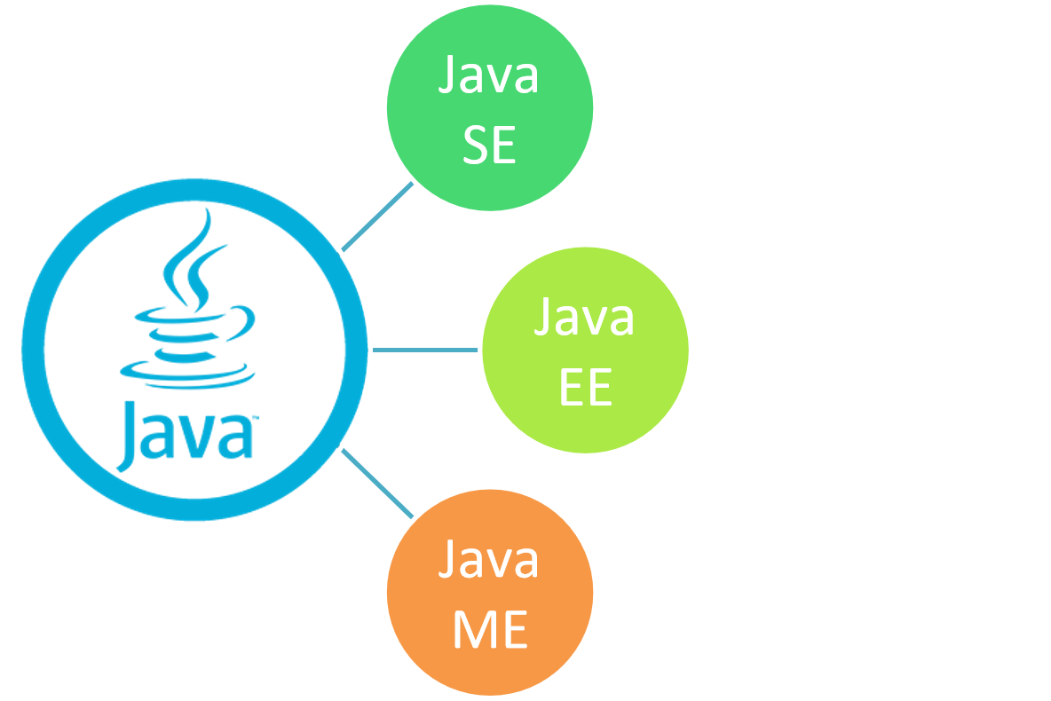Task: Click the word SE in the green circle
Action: pos(489,145)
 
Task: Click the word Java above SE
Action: pos(489,76)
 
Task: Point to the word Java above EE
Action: pos(584,318)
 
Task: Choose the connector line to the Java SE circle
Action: pos(377,217)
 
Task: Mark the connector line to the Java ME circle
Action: pos(377,484)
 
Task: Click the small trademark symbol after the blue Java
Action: pos(256,418)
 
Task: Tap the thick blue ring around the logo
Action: pos(32,350)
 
